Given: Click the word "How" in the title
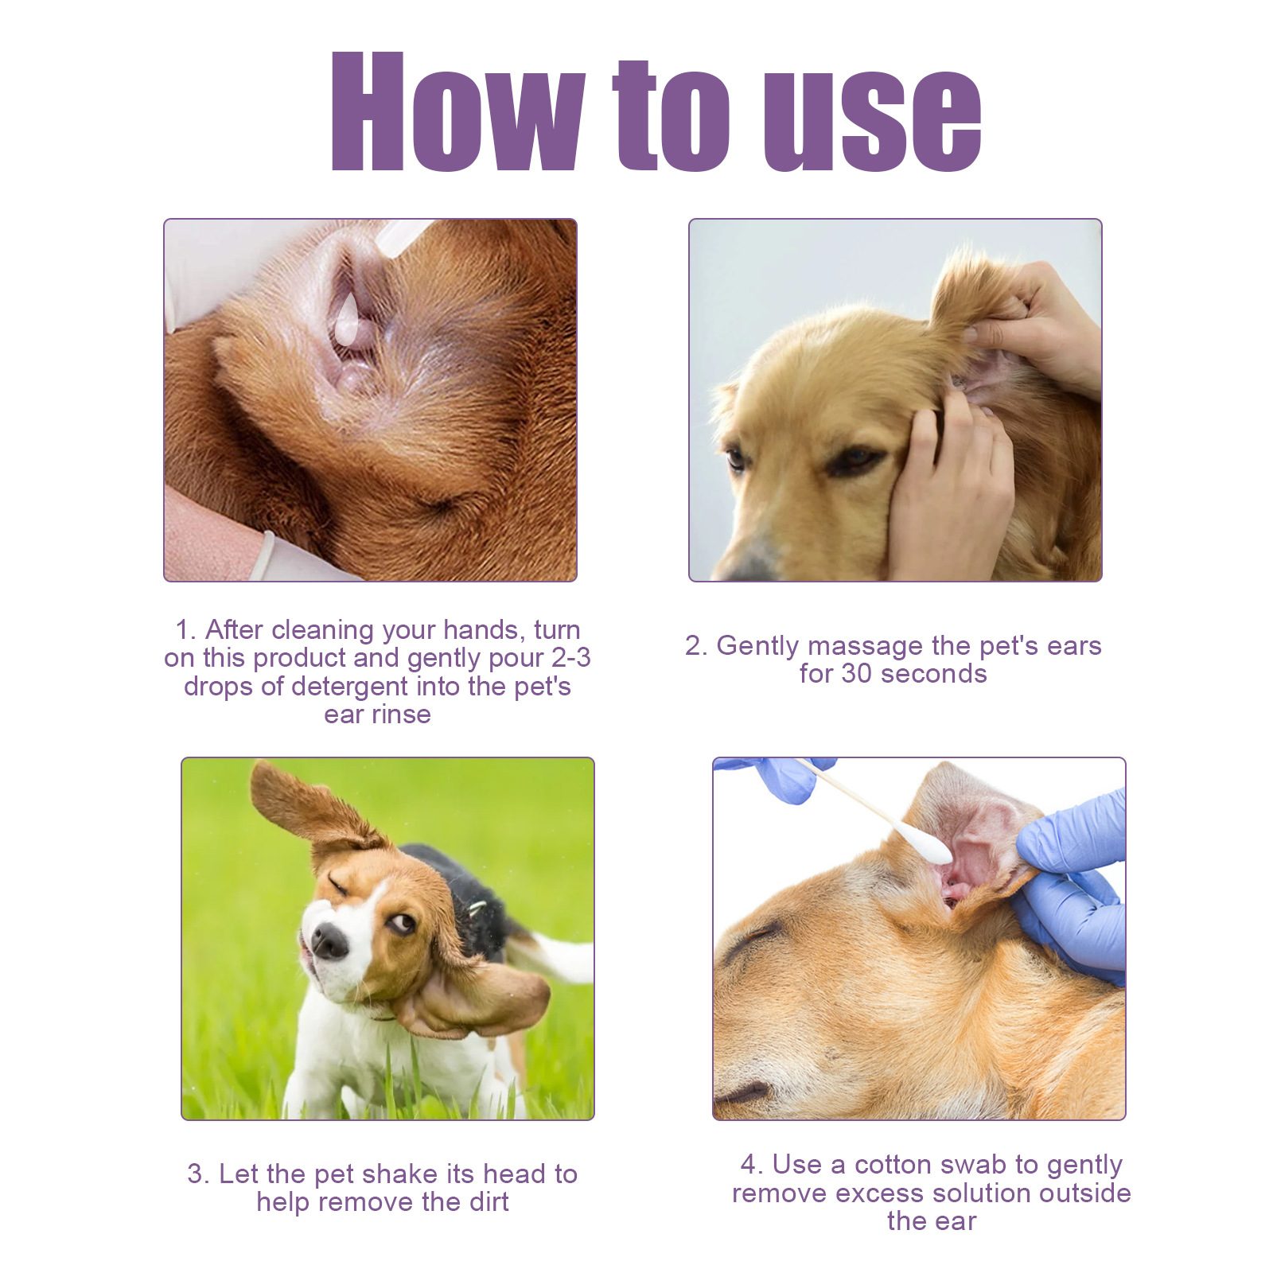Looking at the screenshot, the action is (x=458, y=111).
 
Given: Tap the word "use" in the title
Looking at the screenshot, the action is (x=872, y=121).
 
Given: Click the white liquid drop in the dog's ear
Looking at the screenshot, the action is (x=348, y=318).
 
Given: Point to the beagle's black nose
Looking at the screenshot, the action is (x=329, y=940).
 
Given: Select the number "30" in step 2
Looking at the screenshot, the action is (x=856, y=673).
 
